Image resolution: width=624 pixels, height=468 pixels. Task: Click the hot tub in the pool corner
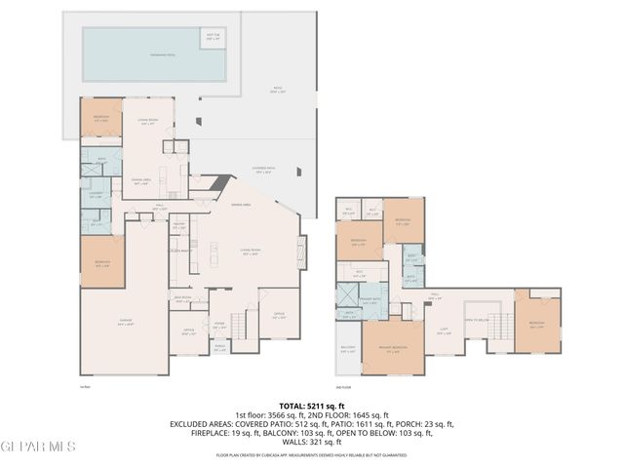(x=213, y=37)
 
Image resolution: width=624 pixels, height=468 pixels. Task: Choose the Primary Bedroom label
(x=393, y=351)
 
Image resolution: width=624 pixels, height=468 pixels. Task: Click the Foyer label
(x=219, y=328)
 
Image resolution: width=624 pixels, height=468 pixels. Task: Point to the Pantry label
(x=178, y=226)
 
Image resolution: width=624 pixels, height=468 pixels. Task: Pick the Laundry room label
(x=96, y=194)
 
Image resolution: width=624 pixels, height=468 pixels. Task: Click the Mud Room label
(x=181, y=299)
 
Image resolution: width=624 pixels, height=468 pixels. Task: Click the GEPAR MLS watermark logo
(x=37, y=447)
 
